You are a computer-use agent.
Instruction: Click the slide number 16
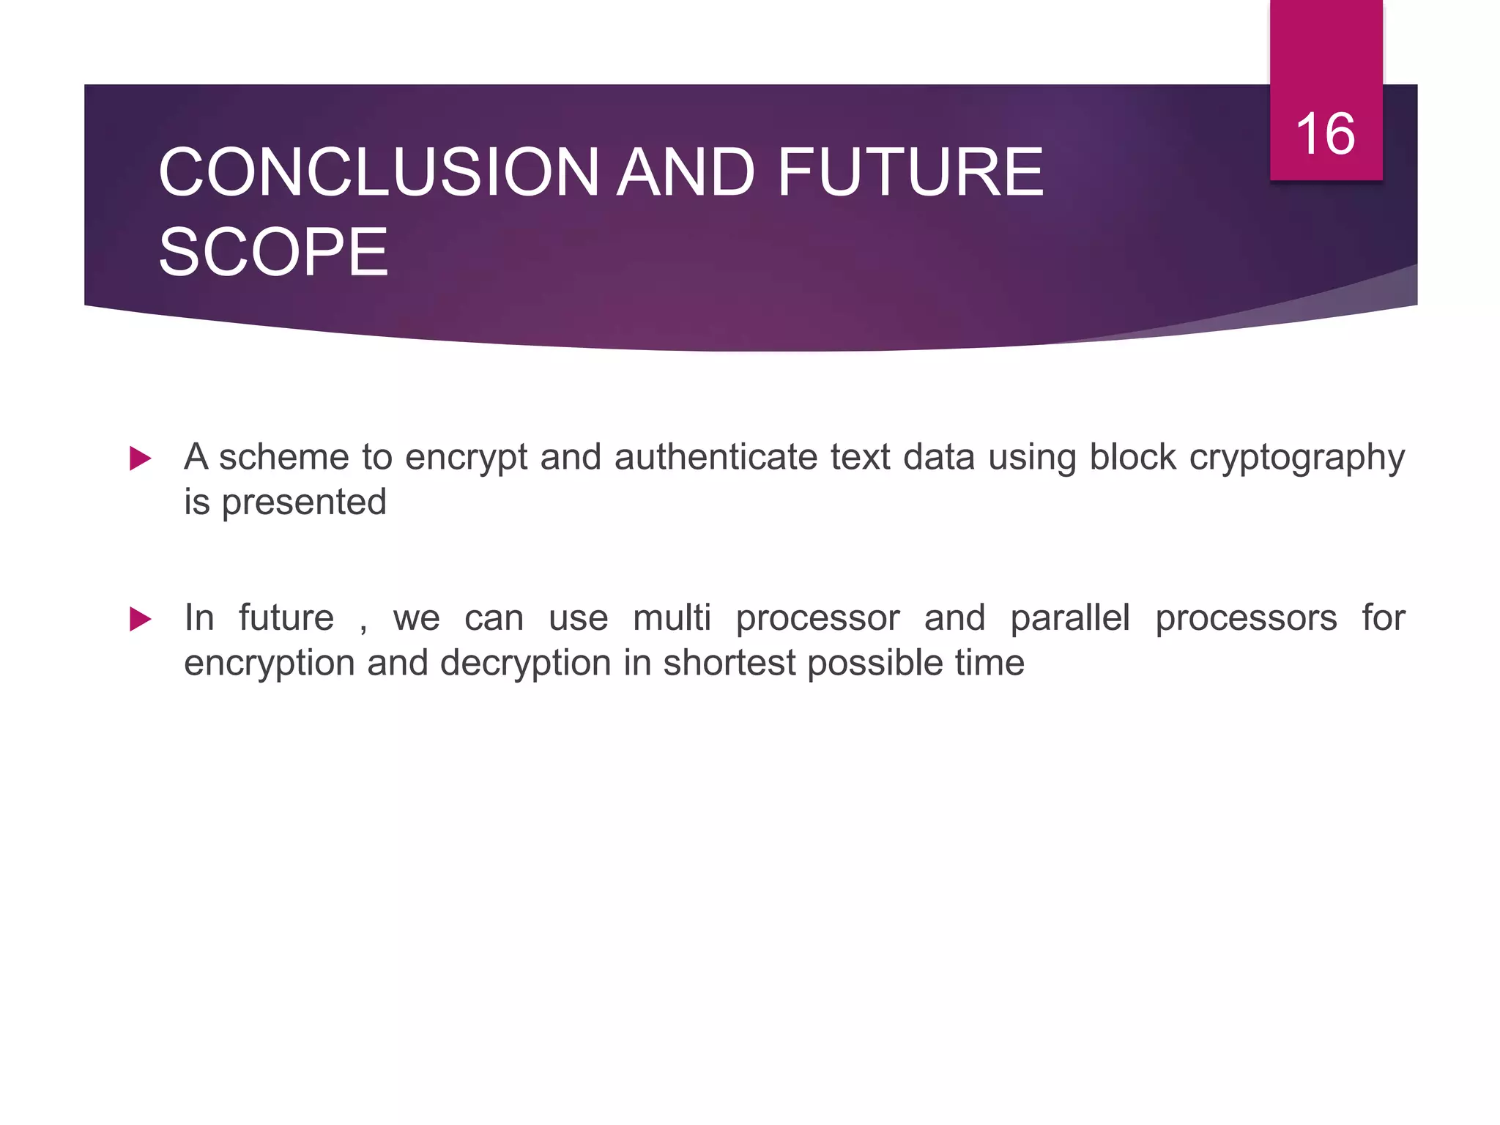click(1325, 135)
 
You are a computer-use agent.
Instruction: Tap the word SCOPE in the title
click(273, 253)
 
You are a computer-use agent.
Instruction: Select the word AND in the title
click(686, 173)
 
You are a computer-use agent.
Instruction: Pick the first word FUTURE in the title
click(910, 173)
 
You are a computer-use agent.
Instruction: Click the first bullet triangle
click(140, 459)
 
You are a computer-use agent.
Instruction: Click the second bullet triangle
click(140, 620)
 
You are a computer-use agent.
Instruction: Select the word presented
click(304, 503)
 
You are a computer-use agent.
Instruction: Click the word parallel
click(1070, 618)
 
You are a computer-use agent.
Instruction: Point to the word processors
click(1246, 619)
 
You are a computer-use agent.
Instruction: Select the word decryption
click(525, 664)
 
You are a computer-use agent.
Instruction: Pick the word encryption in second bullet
click(269, 664)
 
